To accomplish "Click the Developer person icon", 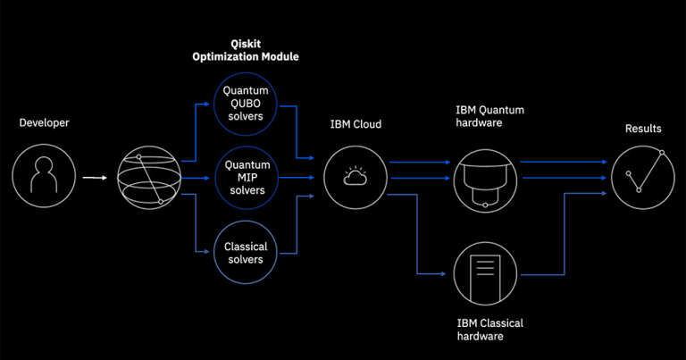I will (44, 177).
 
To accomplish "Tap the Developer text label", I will (45, 122).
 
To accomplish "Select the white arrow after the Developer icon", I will (94, 177).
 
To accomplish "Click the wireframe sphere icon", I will (149, 178).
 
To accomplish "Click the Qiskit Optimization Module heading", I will (246, 50).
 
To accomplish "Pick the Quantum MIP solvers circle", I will (246, 178).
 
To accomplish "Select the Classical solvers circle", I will (246, 253).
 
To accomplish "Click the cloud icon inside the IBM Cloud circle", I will (355, 178).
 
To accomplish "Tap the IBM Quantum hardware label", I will (489, 117).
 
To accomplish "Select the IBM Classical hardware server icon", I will (486, 272).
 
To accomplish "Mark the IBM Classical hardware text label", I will (489, 330).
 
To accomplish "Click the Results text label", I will (643, 129).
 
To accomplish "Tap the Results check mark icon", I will (643, 177).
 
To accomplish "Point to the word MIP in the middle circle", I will (246, 178).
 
